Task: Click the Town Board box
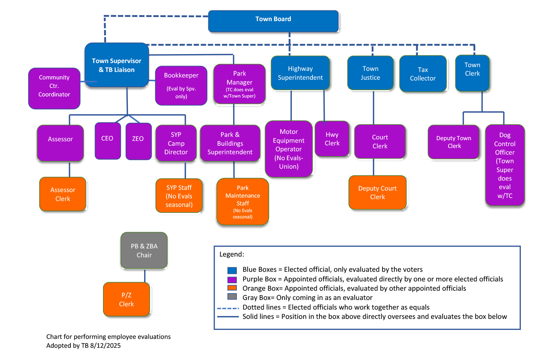pos(273,21)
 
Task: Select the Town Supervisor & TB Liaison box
pos(116,65)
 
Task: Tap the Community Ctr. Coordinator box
pos(54,88)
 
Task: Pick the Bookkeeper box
pos(181,85)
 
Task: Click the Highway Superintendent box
pos(300,73)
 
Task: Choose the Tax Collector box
pos(423,74)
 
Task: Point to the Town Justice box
pos(370,73)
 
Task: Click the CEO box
pos(107,141)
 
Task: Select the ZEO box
pos(138,141)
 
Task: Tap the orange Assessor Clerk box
pos(63,194)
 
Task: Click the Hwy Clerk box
pos(332,139)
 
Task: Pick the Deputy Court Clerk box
pos(377,192)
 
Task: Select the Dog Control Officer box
pos(504,165)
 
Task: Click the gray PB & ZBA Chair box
pos(144,250)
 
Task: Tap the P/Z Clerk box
pos(126,299)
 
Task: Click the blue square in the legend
pos(232,270)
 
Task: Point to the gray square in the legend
pos(232,297)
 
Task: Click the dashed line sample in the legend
pos(228,308)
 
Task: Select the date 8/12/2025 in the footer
pos(105,346)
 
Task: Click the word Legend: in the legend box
pos(232,254)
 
